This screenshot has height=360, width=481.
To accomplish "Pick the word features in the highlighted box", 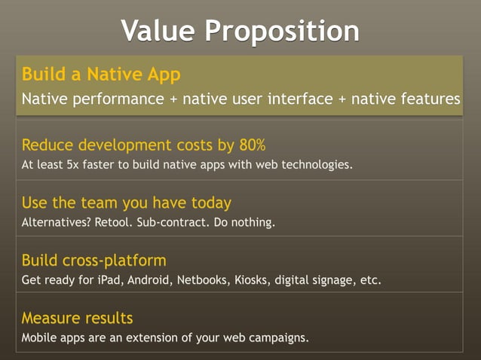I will point(433,99).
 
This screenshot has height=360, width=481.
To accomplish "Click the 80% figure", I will point(250,145).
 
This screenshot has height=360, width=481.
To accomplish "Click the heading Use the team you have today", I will point(126,203).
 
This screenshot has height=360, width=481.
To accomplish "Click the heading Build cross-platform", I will point(93,261).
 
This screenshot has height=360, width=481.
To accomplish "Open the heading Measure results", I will point(77,317).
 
